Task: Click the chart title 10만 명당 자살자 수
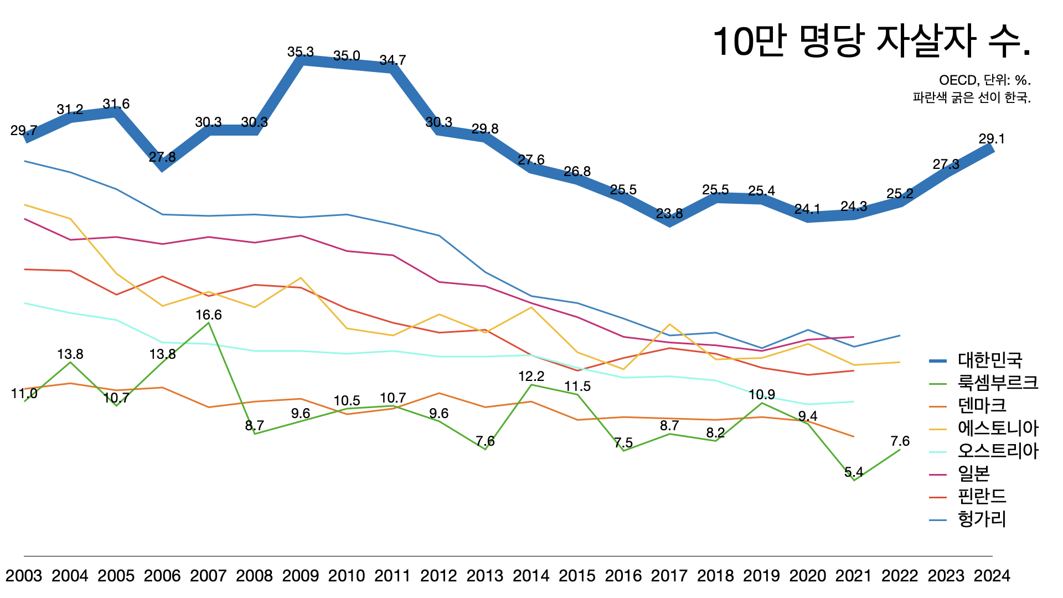coord(871,42)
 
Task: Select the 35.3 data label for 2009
coord(301,52)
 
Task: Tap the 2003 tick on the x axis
coord(24,576)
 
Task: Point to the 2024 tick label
coord(992,576)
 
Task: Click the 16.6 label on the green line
coord(209,315)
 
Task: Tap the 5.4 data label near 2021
coord(854,472)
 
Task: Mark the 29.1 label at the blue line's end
coord(992,139)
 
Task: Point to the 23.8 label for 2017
coord(669,214)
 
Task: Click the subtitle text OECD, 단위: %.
coord(985,81)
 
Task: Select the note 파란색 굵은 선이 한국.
coord(972,98)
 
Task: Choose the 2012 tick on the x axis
coord(439,576)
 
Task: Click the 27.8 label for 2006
coord(162,157)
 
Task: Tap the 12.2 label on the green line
coord(531,377)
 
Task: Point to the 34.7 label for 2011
coord(393,60)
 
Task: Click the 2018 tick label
coord(715,576)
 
